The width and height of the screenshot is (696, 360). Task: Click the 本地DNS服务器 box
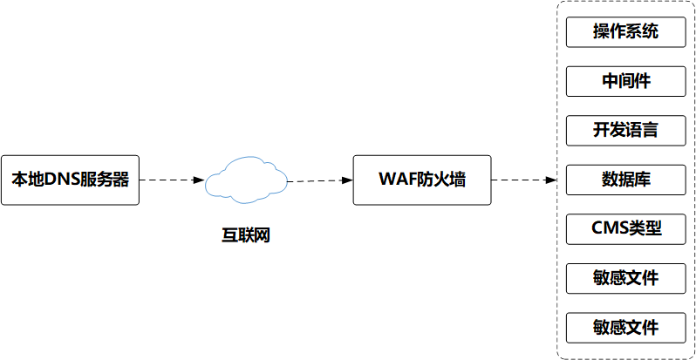(x=70, y=180)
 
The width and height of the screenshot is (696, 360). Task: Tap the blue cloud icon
(x=246, y=179)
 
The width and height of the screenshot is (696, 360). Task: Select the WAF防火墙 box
(x=422, y=180)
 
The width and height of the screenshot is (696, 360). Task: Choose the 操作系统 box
(x=625, y=33)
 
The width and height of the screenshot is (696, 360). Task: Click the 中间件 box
(x=625, y=82)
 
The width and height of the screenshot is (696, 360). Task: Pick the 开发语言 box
(x=625, y=131)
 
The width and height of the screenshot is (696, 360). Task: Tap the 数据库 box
(x=625, y=180)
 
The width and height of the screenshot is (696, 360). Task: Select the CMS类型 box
(x=625, y=229)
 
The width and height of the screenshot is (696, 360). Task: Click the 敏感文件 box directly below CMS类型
(x=625, y=279)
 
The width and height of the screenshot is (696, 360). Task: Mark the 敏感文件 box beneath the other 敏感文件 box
(x=625, y=328)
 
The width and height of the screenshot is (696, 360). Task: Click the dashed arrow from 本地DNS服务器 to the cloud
(x=170, y=180)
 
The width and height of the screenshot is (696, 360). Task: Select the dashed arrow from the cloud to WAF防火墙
(x=318, y=180)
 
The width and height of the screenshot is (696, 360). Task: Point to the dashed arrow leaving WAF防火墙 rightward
(x=523, y=180)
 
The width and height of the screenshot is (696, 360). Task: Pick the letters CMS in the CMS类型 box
(x=608, y=229)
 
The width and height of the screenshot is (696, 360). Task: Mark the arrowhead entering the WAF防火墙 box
(x=347, y=180)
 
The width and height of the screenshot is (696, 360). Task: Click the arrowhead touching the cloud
(x=200, y=180)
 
